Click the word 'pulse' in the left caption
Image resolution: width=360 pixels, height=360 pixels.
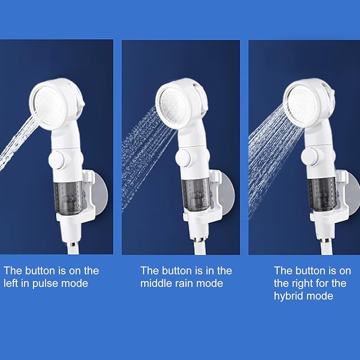click(x=45, y=284)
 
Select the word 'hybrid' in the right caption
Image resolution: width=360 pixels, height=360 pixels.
click(x=288, y=296)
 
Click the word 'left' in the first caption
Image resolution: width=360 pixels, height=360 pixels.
click(x=10, y=283)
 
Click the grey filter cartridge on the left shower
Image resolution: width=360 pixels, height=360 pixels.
click(x=68, y=198)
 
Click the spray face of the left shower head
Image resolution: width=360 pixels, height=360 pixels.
click(x=49, y=106)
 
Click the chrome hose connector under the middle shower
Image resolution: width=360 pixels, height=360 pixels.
click(x=200, y=240)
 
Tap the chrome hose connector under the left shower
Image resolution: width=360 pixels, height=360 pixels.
click(x=73, y=244)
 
